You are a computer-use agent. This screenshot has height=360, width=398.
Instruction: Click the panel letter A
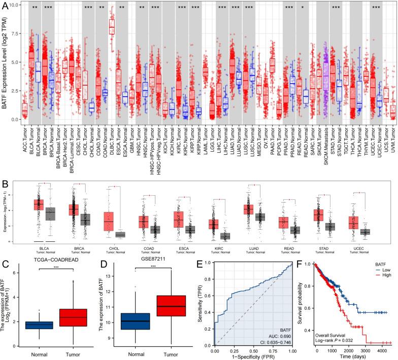(x=4, y=5)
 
